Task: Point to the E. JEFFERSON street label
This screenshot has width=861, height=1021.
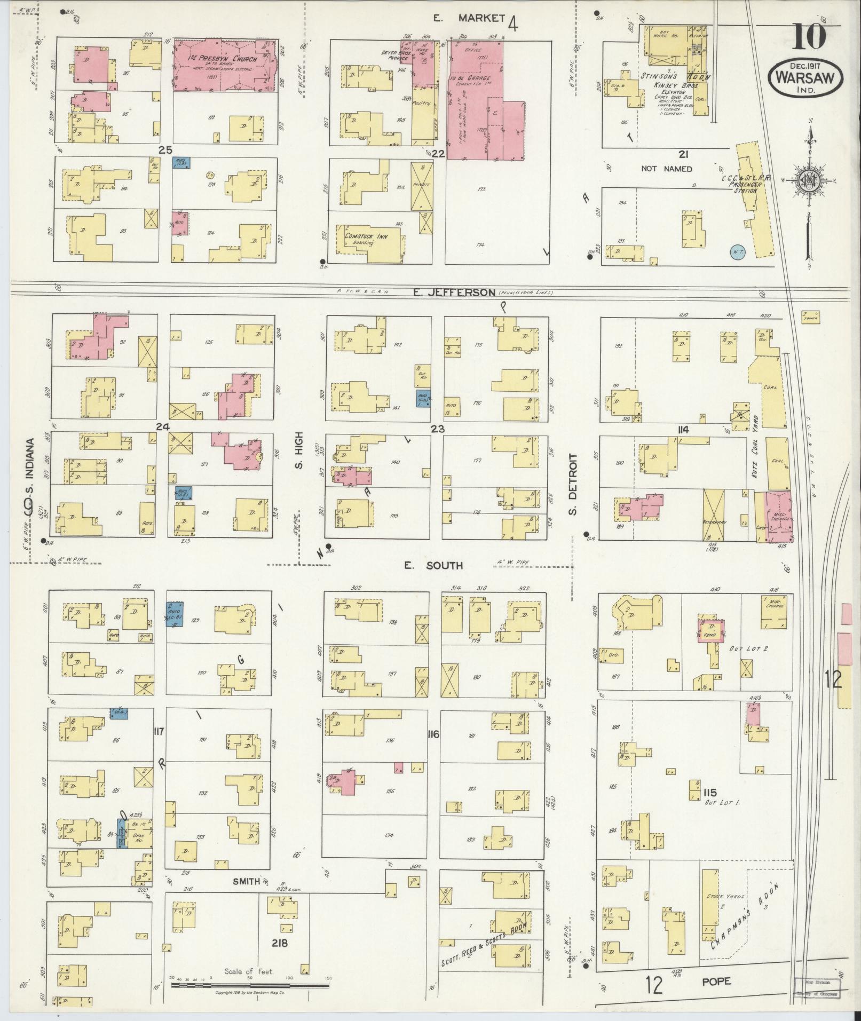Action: [454, 292]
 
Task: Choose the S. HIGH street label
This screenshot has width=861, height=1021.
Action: [299, 451]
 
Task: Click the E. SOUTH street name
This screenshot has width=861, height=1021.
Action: [433, 566]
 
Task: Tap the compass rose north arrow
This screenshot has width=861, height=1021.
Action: [810, 181]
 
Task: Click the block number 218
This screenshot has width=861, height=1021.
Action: [279, 943]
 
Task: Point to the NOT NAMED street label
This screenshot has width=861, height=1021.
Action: [666, 169]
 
